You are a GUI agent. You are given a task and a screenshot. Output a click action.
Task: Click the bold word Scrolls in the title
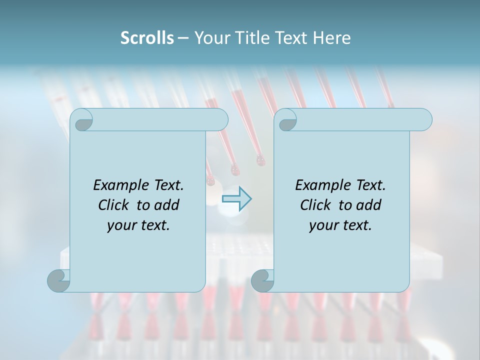[x=147, y=38]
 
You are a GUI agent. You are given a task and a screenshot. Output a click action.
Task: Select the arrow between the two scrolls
[x=236, y=198]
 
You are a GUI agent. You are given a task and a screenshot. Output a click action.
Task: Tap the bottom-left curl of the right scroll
[x=262, y=280]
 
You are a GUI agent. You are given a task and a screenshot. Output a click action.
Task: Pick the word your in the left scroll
[x=120, y=225]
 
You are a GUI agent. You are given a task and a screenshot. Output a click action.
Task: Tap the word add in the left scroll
[x=167, y=205]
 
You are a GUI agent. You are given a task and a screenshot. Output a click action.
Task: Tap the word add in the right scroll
[x=369, y=205]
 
